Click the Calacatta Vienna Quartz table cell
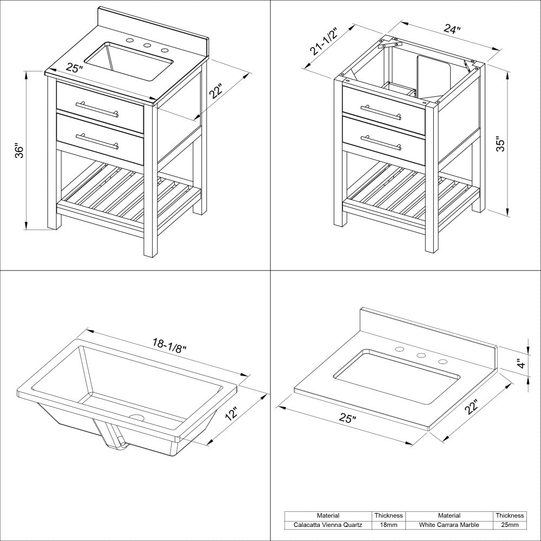pyautogui.click(x=328, y=525)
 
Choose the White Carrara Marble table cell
pyautogui.click(x=449, y=525)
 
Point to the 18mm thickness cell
pyautogui.click(x=389, y=525)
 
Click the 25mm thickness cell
pyautogui.click(x=509, y=525)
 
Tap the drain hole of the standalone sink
pyautogui.click(x=136, y=418)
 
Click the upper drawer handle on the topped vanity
pyautogui.click(x=97, y=108)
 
